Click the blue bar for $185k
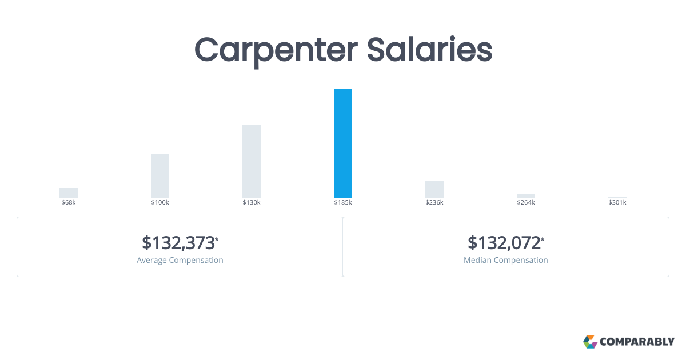click(343, 143)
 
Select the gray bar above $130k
click(252, 161)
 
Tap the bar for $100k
click(160, 176)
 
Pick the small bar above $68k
click(69, 193)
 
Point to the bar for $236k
click(434, 189)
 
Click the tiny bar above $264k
click(526, 196)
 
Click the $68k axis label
click(69, 202)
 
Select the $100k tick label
click(160, 202)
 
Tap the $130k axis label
click(252, 202)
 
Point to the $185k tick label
click(343, 202)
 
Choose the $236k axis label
click(434, 202)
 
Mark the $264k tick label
click(526, 202)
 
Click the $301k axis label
click(617, 202)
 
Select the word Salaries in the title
click(430, 49)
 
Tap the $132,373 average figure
click(178, 243)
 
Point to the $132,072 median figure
click(504, 243)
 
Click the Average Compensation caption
click(180, 260)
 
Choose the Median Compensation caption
click(505, 260)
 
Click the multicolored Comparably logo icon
click(590, 342)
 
